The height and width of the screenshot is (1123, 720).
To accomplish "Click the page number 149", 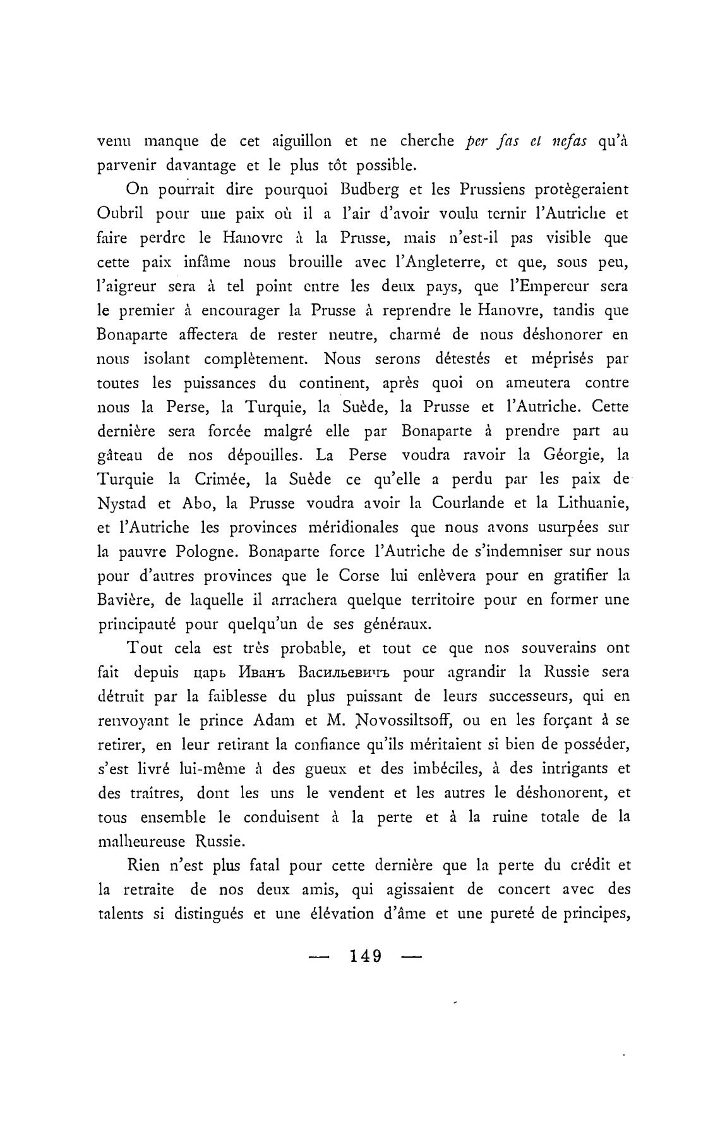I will point(366,956).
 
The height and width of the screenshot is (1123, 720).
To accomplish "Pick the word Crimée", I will point(208,479).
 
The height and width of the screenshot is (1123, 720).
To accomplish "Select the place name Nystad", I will point(122,504).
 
